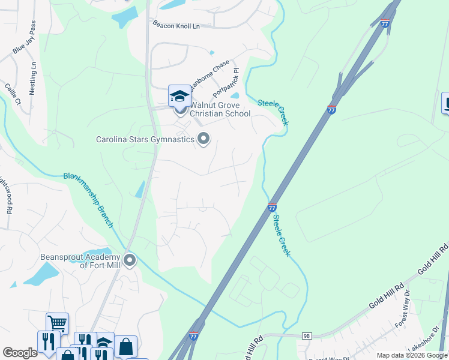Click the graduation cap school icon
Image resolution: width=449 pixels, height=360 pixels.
click(x=179, y=96)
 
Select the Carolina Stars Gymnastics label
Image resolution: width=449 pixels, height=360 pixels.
click(x=145, y=140)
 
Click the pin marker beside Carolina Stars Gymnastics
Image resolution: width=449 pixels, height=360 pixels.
click(x=203, y=139)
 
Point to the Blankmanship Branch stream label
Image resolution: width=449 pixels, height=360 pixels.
click(x=89, y=200)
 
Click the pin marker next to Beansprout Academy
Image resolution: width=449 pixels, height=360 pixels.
click(x=130, y=261)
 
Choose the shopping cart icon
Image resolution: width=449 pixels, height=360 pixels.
click(x=57, y=323)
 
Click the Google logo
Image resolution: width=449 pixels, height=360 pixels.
click(x=20, y=353)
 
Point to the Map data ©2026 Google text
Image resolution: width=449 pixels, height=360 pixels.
click(x=411, y=355)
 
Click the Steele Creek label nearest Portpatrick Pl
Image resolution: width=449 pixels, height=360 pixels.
click(x=274, y=112)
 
